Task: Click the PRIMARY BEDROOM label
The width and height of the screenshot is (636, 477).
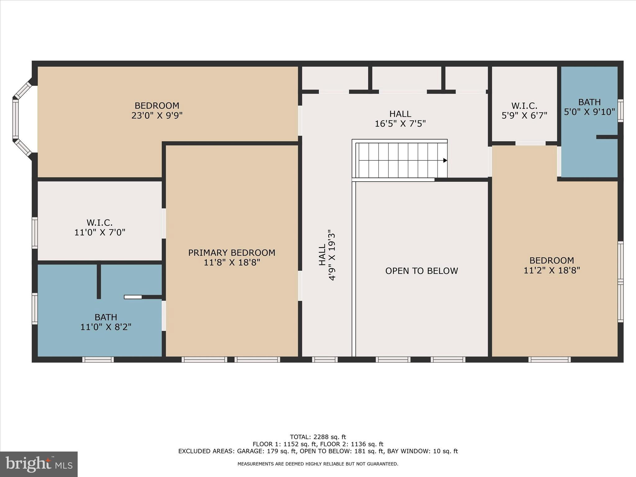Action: [x=232, y=253]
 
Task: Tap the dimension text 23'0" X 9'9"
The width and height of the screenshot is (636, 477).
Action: [x=157, y=116]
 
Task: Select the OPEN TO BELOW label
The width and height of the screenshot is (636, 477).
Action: [x=421, y=271]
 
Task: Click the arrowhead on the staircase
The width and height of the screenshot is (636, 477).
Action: [x=445, y=161]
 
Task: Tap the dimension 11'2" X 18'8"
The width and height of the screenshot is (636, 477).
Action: [x=552, y=270]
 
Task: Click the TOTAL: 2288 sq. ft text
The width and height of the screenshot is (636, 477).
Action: [x=318, y=437]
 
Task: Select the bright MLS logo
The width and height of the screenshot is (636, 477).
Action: [x=39, y=464]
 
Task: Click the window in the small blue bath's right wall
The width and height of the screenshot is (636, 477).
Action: [x=620, y=111]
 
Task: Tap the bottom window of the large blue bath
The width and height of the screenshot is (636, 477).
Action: [x=98, y=359]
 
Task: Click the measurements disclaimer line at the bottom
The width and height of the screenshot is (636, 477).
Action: [x=318, y=464]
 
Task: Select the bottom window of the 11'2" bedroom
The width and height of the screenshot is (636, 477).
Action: [x=549, y=359]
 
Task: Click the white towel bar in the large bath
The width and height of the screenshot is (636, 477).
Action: [x=133, y=297]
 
